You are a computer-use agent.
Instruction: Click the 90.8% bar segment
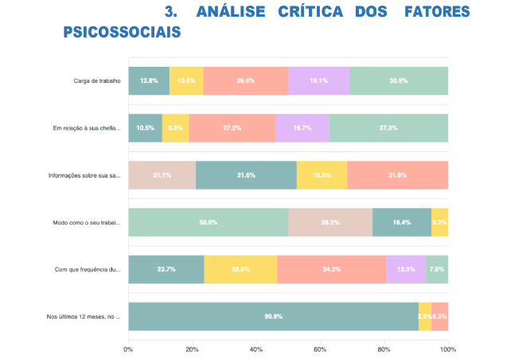click(x=273, y=316)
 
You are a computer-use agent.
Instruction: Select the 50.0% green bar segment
click(x=208, y=222)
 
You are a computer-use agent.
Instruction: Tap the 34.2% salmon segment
click(x=331, y=269)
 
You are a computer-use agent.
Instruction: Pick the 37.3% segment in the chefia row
click(x=388, y=127)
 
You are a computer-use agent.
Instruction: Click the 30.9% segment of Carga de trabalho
click(x=399, y=80)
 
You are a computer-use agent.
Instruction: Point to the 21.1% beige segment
click(x=162, y=175)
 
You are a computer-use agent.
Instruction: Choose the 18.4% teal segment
click(x=402, y=222)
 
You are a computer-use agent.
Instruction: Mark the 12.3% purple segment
click(x=406, y=269)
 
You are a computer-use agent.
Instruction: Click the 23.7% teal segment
click(x=166, y=269)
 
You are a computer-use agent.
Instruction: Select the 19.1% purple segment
click(x=318, y=80)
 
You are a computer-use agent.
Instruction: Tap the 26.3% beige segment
click(x=330, y=222)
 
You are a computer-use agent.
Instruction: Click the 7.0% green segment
click(x=437, y=269)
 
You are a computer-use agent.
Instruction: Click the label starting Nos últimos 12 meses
click(x=83, y=317)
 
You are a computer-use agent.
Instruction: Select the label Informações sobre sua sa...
click(x=83, y=175)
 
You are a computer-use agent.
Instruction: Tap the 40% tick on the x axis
click(x=256, y=349)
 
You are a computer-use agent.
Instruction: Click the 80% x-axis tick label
click(x=384, y=349)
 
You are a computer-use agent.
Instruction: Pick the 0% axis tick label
click(x=128, y=349)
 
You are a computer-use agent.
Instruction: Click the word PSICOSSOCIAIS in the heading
click(x=121, y=32)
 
